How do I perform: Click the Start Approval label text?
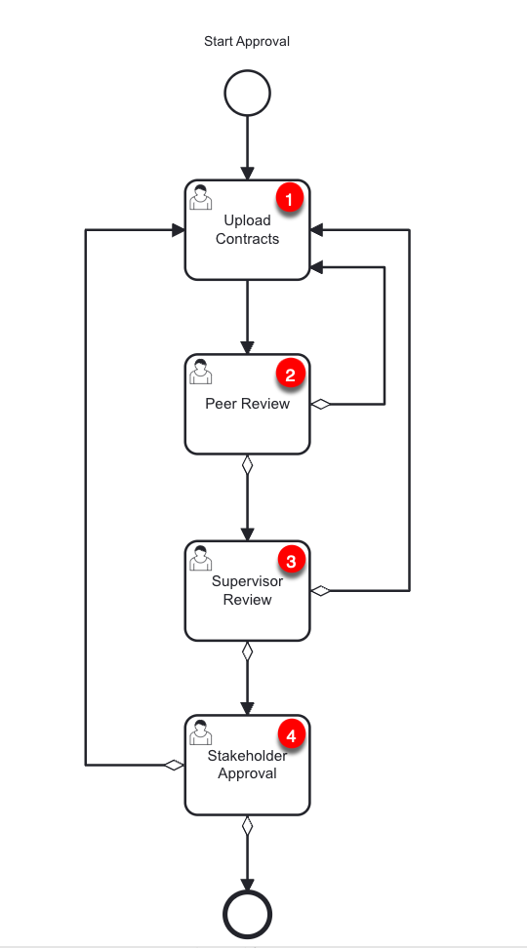(247, 41)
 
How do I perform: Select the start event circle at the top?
(247, 94)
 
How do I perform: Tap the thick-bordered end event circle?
(247, 913)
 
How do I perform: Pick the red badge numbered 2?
(290, 374)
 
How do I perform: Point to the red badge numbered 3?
(291, 560)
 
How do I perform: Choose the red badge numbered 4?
(291, 733)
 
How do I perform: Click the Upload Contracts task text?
(247, 229)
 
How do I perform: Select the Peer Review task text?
(247, 403)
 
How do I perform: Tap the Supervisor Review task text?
(247, 590)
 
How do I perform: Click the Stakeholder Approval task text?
(247, 765)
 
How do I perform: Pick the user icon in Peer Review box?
(202, 371)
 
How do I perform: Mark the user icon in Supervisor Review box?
(202, 558)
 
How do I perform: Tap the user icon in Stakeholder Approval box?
(202, 731)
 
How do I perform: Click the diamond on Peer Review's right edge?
(320, 403)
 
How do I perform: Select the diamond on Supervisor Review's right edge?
(321, 590)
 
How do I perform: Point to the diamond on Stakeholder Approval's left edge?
(174, 765)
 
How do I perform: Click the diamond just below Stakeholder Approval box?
(247, 826)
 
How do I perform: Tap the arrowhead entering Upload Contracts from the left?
(179, 230)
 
